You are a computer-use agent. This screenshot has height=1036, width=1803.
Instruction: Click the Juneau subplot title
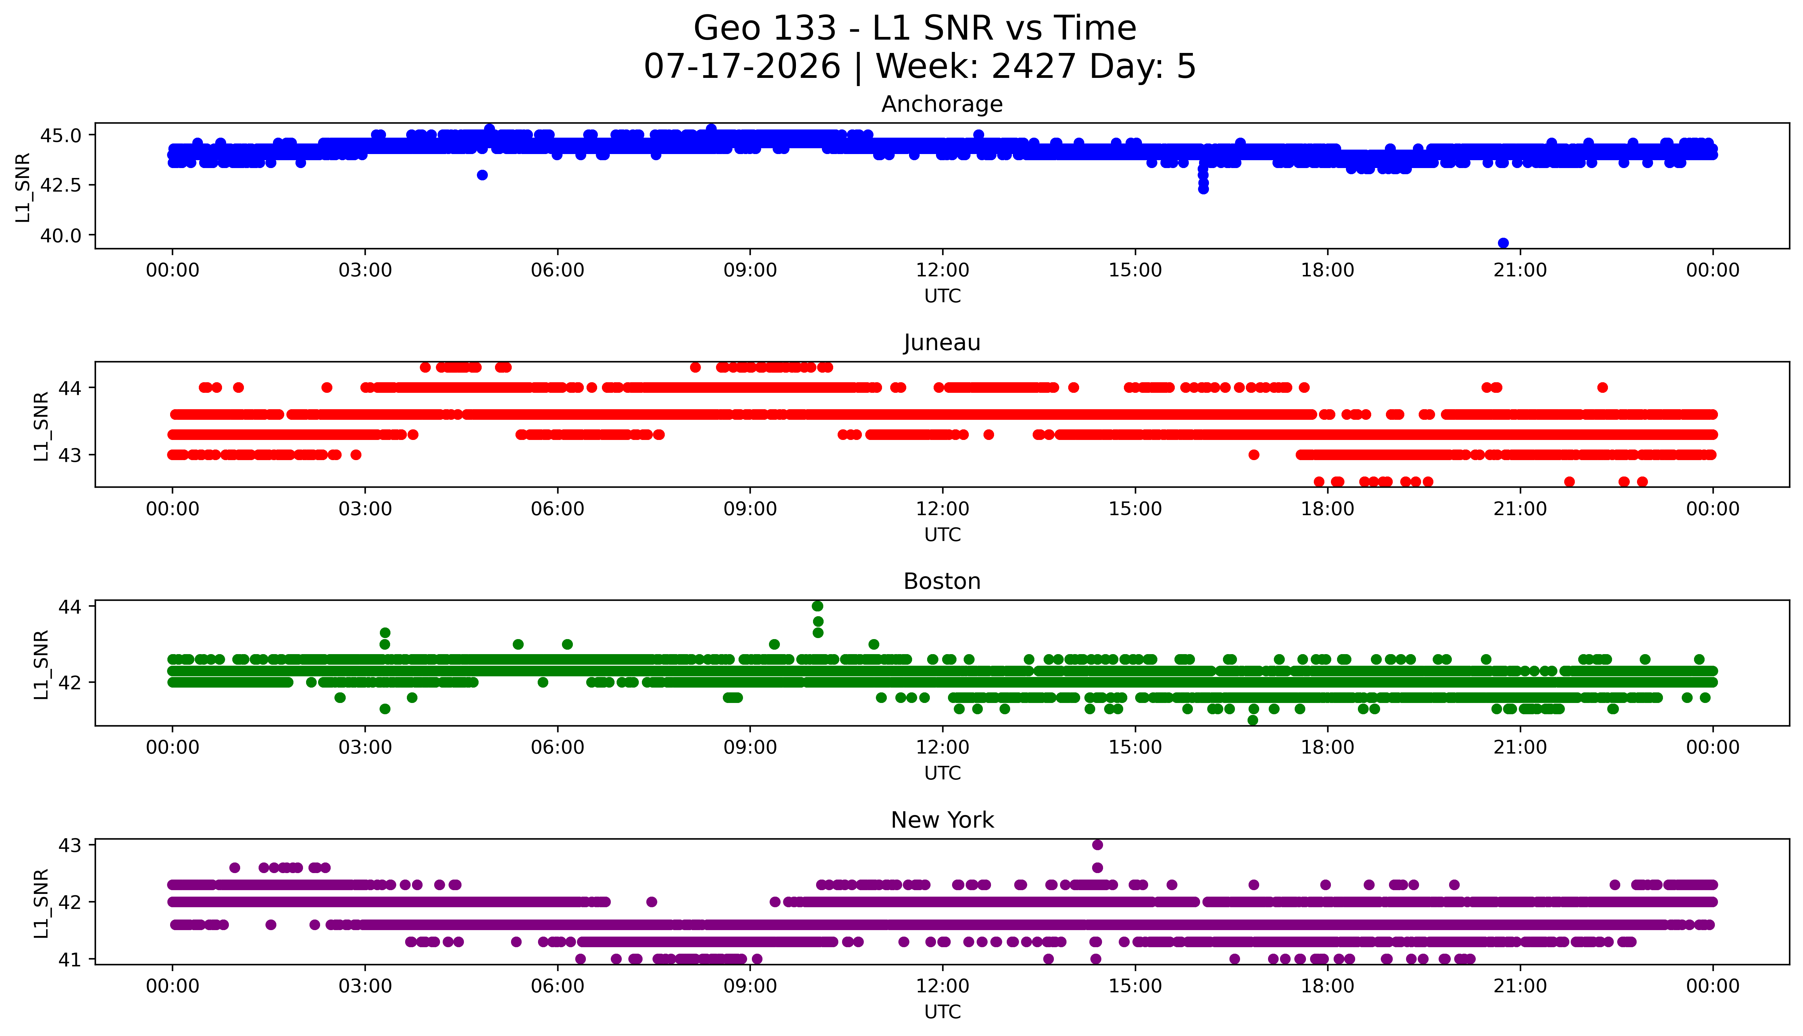click(x=942, y=343)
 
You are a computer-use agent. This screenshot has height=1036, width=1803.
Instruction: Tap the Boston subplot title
click(x=942, y=581)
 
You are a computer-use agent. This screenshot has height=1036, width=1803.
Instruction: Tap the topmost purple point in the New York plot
click(x=1097, y=845)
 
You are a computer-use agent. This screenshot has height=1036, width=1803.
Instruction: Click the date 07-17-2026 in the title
click(x=742, y=67)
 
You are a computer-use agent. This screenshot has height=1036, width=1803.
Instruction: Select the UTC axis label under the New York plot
click(x=942, y=1011)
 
